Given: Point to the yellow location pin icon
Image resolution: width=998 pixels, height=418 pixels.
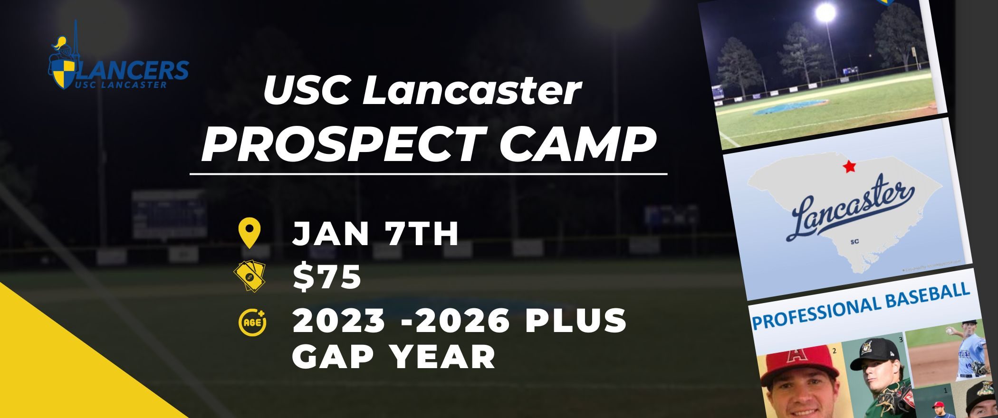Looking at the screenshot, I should (x=249, y=233).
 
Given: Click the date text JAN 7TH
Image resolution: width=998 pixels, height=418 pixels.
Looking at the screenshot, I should (x=375, y=234).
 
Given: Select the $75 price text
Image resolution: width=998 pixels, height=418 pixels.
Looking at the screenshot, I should (x=327, y=277).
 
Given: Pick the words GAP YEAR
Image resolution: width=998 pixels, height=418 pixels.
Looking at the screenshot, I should (x=394, y=356).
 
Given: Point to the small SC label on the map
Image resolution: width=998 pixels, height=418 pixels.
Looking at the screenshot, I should (x=854, y=242).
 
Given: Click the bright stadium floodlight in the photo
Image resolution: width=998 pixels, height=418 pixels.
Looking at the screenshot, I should (x=825, y=13).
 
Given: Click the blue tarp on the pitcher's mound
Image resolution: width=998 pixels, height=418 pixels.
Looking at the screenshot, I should (x=791, y=107).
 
